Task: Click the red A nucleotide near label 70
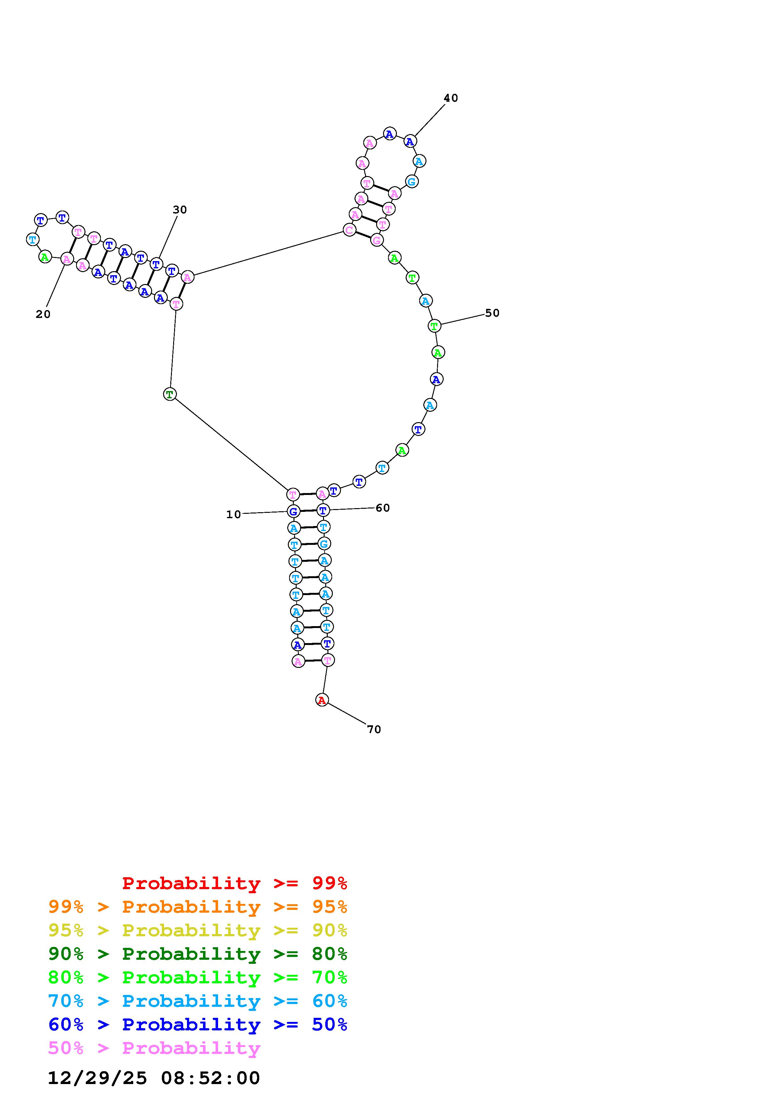pyautogui.click(x=321, y=700)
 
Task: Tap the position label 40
pyautogui.click(x=451, y=98)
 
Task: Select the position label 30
pyautogui.click(x=179, y=210)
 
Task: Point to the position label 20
pyautogui.click(x=43, y=314)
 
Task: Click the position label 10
pyautogui.click(x=234, y=514)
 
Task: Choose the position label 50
pyautogui.click(x=492, y=313)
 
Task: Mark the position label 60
pyautogui.click(x=382, y=508)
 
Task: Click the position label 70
pyautogui.click(x=374, y=729)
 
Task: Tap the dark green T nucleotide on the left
pyautogui.click(x=169, y=394)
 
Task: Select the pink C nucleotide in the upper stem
pyautogui.click(x=349, y=230)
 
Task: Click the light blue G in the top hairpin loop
pyautogui.click(x=411, y=182)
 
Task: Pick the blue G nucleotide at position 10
pyautogui.click(x=293, y=511)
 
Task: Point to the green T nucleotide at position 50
pyautogui.click(x=434, y=326)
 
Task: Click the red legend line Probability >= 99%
pyautogui.click(x=235, y=883)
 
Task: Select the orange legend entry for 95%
pyautogui.click(x=198, y=907)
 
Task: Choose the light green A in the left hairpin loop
pyautogui.click(x=45, y=257)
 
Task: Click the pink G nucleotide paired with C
pyautogui.click(x=377, y=240)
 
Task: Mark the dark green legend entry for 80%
pyautogui.click(x=198, y=954)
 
